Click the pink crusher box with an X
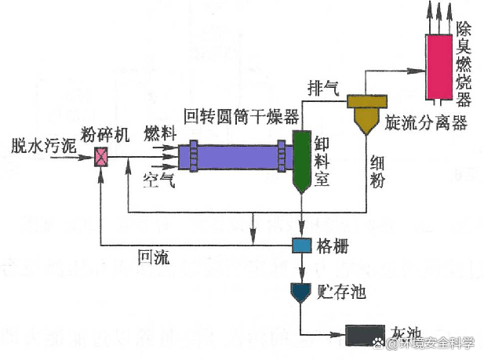(101, 157)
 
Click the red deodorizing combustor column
(439, 66)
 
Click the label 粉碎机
(103, 133)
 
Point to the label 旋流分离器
(426, 123)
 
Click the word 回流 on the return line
(153, 256)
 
